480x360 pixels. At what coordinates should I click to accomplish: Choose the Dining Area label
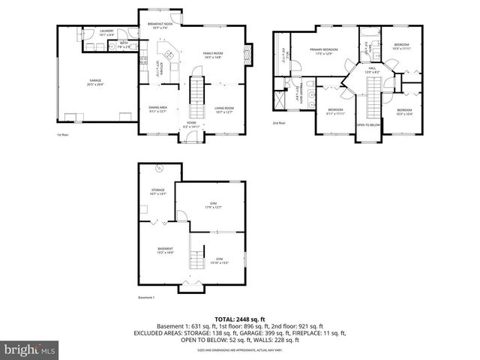point(157,109)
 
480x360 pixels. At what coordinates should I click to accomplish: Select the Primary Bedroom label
point(324,51)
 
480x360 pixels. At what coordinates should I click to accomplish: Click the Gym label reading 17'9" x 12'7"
point(212,205)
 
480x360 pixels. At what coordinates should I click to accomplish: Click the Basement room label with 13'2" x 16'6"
point(165,250)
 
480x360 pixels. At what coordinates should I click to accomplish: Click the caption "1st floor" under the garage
point(62,135)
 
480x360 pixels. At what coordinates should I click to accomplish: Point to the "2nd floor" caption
point(279,123)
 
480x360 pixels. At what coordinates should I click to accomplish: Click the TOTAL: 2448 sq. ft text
point(239,319)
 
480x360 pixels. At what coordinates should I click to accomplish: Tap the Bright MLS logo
point(30,349)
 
